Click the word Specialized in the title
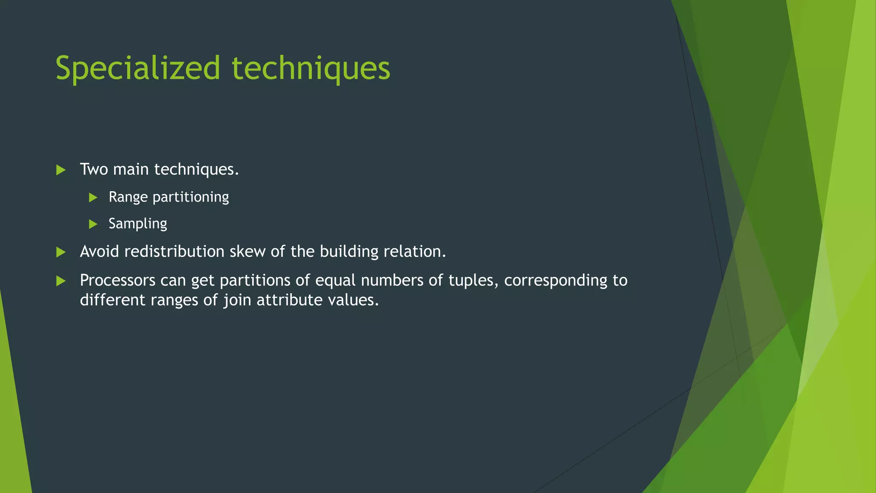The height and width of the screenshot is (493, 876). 137,68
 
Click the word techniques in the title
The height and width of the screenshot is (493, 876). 311,68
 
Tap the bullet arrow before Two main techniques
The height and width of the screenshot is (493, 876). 61,170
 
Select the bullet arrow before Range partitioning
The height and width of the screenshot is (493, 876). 93,198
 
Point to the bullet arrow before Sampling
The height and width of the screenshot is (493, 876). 93,224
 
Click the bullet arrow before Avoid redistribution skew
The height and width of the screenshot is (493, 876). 61,252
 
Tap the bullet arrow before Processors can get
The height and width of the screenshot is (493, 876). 61,281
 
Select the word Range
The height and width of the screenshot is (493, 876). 128,197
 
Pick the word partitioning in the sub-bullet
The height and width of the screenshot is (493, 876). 191,197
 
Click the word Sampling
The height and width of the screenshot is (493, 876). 138,224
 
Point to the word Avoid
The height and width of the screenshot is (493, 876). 99,252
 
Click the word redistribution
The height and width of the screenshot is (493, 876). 174,252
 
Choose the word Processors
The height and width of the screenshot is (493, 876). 118,280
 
